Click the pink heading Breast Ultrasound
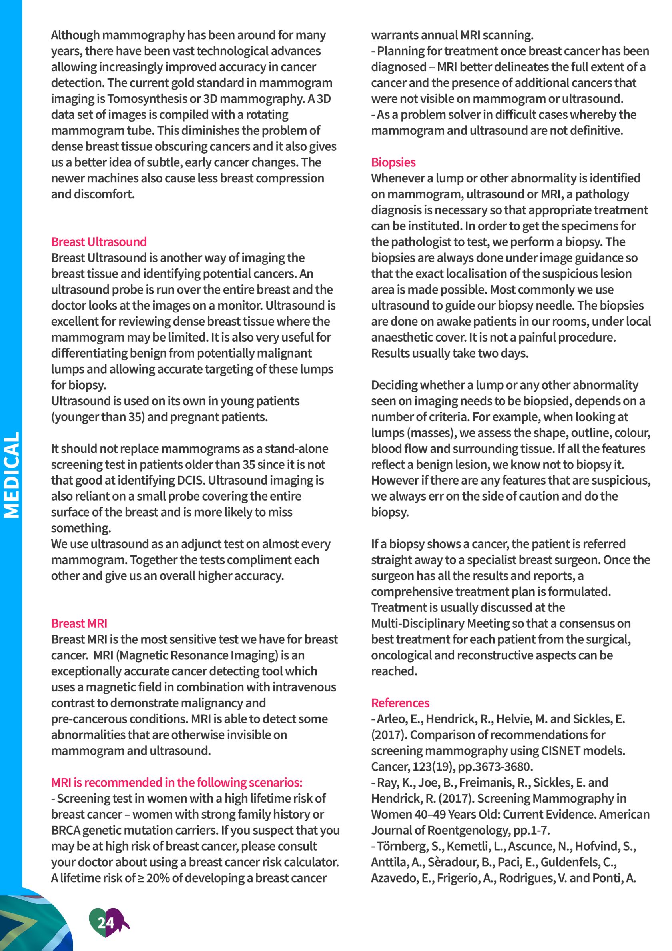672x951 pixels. click(99, 242)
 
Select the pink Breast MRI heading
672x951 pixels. click(79, 623)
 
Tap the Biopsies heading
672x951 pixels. click(393, 162)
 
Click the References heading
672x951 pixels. click(400, 703)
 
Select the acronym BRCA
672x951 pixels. click(66, 830)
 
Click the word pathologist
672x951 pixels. click(422, 242)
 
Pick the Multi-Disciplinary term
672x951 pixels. click(418, 623)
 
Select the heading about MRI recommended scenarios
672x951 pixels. click(177, 782)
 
